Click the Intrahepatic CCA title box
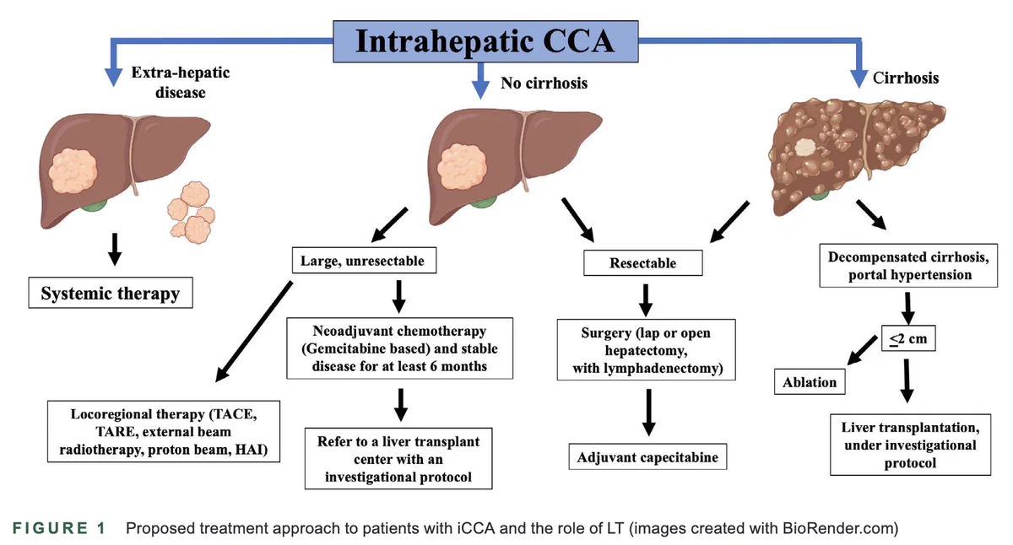pyautogui.click(x=485, y=41)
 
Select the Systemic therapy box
pyautogui.click(x=111, y=293)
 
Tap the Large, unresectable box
pyautogui.click(x=364, y=261)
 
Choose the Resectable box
pyautogui.click(x=643, y=263)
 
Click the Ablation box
pyautogui.click(x=810, y=382)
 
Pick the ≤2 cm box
pyautogui.click(x=908, y=338)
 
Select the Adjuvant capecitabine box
pyautogui.click(x=647, y=457)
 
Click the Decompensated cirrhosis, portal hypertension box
pyautogui.click(x=908, y=266)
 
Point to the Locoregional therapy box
pyautogui.click(x=164, y=432)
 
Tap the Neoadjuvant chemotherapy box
pyautogui.click(x=400, y=348)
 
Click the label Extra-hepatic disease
pyautogui.click(x=181, y=82)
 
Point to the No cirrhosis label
pyautogui.click(x=544, y=84)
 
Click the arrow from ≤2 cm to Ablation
pyautogui.click(x=862, y=350)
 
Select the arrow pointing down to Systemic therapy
pyautogui.click(x=115, y=250)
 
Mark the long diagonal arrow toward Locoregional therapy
pyautogui.click(x=254, y=332)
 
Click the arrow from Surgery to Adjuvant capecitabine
pyautogui.click(x=649, y=413)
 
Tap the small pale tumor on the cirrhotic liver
pyautogui.click(x=805, y=148)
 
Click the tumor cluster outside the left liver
pyautogui.click(x=192, y=213)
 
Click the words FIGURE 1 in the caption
pyautogui.click(x=59, y=528)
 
